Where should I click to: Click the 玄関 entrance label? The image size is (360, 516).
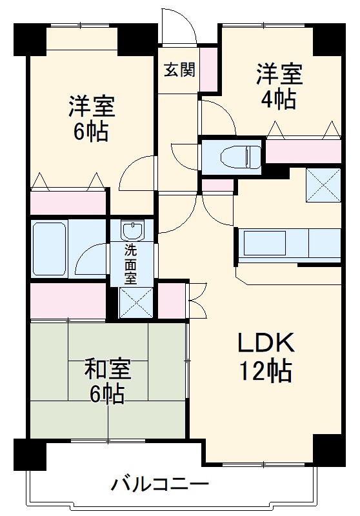(179, 70)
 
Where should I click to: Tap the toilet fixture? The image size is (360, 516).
(232, 156)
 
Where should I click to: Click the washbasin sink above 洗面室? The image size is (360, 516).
(132, 231)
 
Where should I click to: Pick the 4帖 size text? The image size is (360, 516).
(278, 99)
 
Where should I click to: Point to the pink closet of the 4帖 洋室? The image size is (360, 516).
(303, 152)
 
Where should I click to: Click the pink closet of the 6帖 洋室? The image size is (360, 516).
(68, 203)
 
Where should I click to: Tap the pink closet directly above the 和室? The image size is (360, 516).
(68, 301)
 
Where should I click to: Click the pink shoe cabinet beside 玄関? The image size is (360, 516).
(208, 70)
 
